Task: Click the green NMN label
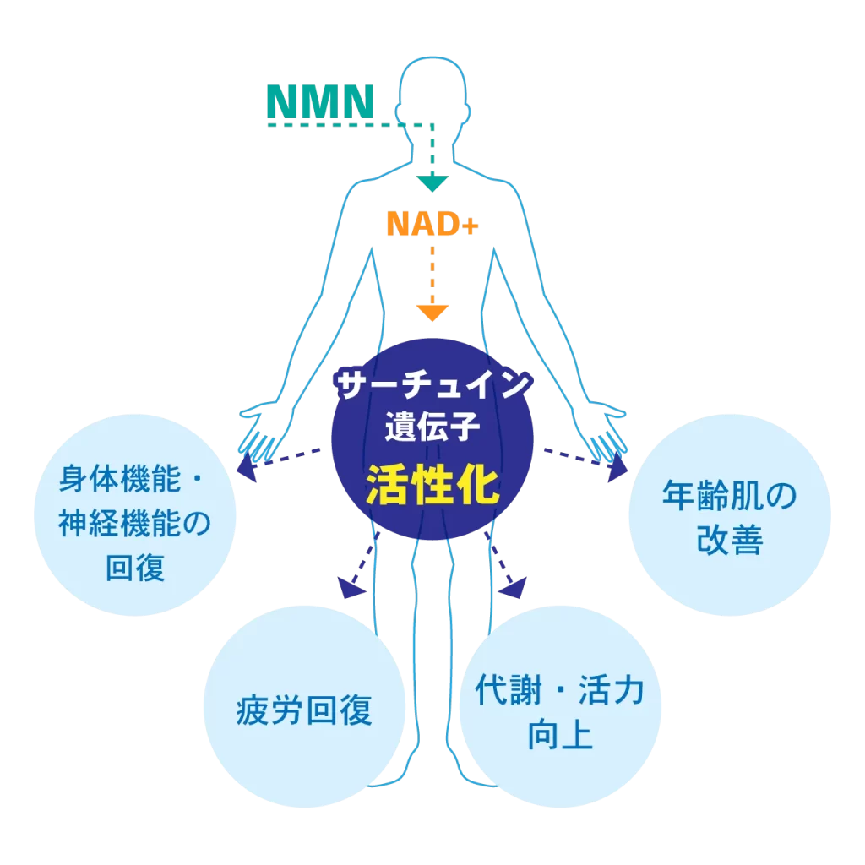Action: [x=320, y=101]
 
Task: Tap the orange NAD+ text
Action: [x=432, y=224]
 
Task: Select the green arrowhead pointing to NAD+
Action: [x=432, y=182]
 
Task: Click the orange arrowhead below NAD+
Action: [x=432, y=312]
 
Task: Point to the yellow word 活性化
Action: [x=432, y=487]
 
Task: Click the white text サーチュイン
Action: [x=432, y=387]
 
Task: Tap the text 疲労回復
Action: [x=304, y=710]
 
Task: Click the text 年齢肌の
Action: [x=730, y=498]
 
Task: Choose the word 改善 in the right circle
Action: [x=730, y=541]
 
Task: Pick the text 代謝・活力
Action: [x=559, y=691]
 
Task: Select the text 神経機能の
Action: [x=133, y=525]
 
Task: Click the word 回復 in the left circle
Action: [x=133, y=568]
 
